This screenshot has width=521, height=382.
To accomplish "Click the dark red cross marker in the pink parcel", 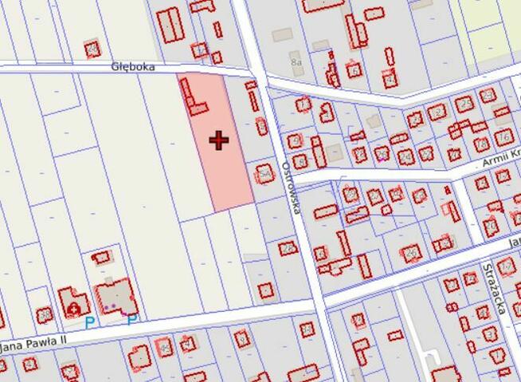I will [x=219, y=141].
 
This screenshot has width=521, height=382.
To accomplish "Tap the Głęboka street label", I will [x=131, y=69].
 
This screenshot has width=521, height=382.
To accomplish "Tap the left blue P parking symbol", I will [x=90, y=322].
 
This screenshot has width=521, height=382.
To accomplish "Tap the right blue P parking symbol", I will [x=131, y=320].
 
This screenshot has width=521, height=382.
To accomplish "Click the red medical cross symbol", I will [x=75, y=307].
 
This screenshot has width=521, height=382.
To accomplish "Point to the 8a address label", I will [x=296, y=61].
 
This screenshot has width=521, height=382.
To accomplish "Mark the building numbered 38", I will [x=351, y=193].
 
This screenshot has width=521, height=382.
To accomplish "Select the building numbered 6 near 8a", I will [x=354, y=70].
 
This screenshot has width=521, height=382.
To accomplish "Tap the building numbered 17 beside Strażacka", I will [x=506, y=266].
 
